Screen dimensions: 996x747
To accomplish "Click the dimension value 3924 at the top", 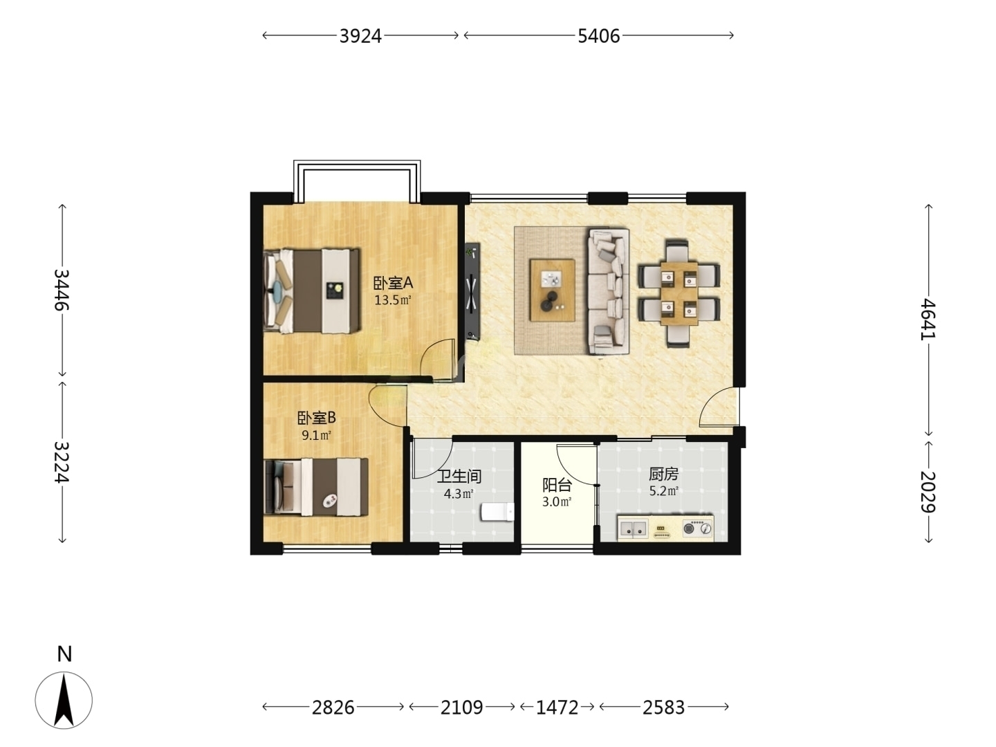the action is coord(360,36).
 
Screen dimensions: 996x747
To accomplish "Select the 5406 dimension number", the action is coord(598,36).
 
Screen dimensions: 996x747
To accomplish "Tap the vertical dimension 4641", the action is coord(928,319).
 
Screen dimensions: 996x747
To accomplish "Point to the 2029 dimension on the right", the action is coord(928,491).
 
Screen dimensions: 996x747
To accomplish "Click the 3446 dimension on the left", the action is coord(62,290).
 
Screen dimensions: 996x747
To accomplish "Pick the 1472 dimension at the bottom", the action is coord(557,708).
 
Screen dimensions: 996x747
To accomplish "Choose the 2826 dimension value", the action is coord(333,708).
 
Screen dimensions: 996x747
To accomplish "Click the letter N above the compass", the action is coord(64,654).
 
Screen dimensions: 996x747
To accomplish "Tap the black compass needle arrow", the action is coord(64,700).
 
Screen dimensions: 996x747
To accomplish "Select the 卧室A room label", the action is coord(393,284).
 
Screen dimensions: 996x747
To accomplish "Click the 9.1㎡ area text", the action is coord(316,436).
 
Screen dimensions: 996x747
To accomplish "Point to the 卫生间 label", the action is coord(459,477).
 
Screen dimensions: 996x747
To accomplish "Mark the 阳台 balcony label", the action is coord(557,486).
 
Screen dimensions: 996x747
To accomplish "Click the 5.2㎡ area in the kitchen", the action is coord(663,491).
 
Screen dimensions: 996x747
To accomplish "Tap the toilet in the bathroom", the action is coord(497,512).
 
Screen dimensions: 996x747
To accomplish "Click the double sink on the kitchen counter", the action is coord(634,528).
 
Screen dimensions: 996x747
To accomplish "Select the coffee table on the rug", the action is coord(552,290).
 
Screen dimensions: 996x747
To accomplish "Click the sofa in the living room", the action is coord(609,291).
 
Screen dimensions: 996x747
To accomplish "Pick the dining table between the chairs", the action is coord(679,293).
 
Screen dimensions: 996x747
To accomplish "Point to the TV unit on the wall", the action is coord(472,291).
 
